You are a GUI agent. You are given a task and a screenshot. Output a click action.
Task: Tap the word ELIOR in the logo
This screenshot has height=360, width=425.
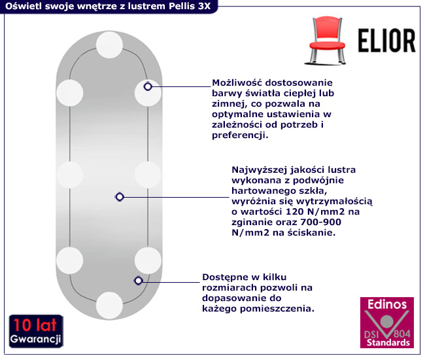coord(386,41)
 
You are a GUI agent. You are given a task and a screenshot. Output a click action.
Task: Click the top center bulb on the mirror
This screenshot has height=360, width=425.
coord(109,46)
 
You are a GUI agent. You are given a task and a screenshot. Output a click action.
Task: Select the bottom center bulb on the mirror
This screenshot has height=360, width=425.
coord(109,304)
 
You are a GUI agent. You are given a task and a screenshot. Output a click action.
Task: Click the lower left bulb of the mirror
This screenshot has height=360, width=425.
coord(69,260)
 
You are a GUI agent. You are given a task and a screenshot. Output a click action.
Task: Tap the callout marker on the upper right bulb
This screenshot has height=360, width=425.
coord(148,86)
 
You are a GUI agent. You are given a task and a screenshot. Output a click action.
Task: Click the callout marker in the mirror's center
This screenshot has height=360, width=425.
coord(119,196)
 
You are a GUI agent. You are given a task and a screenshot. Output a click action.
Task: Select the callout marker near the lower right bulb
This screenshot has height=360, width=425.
coord(138,281)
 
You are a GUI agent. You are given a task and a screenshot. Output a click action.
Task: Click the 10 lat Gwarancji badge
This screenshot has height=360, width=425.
coord(36,331)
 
